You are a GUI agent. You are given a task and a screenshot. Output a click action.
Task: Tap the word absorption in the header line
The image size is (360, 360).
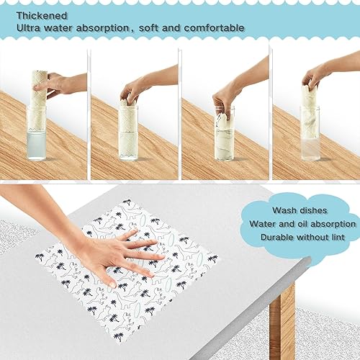pyautogui.click(x=127, y=28)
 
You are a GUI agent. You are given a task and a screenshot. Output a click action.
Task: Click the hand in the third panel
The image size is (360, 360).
pyautogui.click(x=225, y=97)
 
